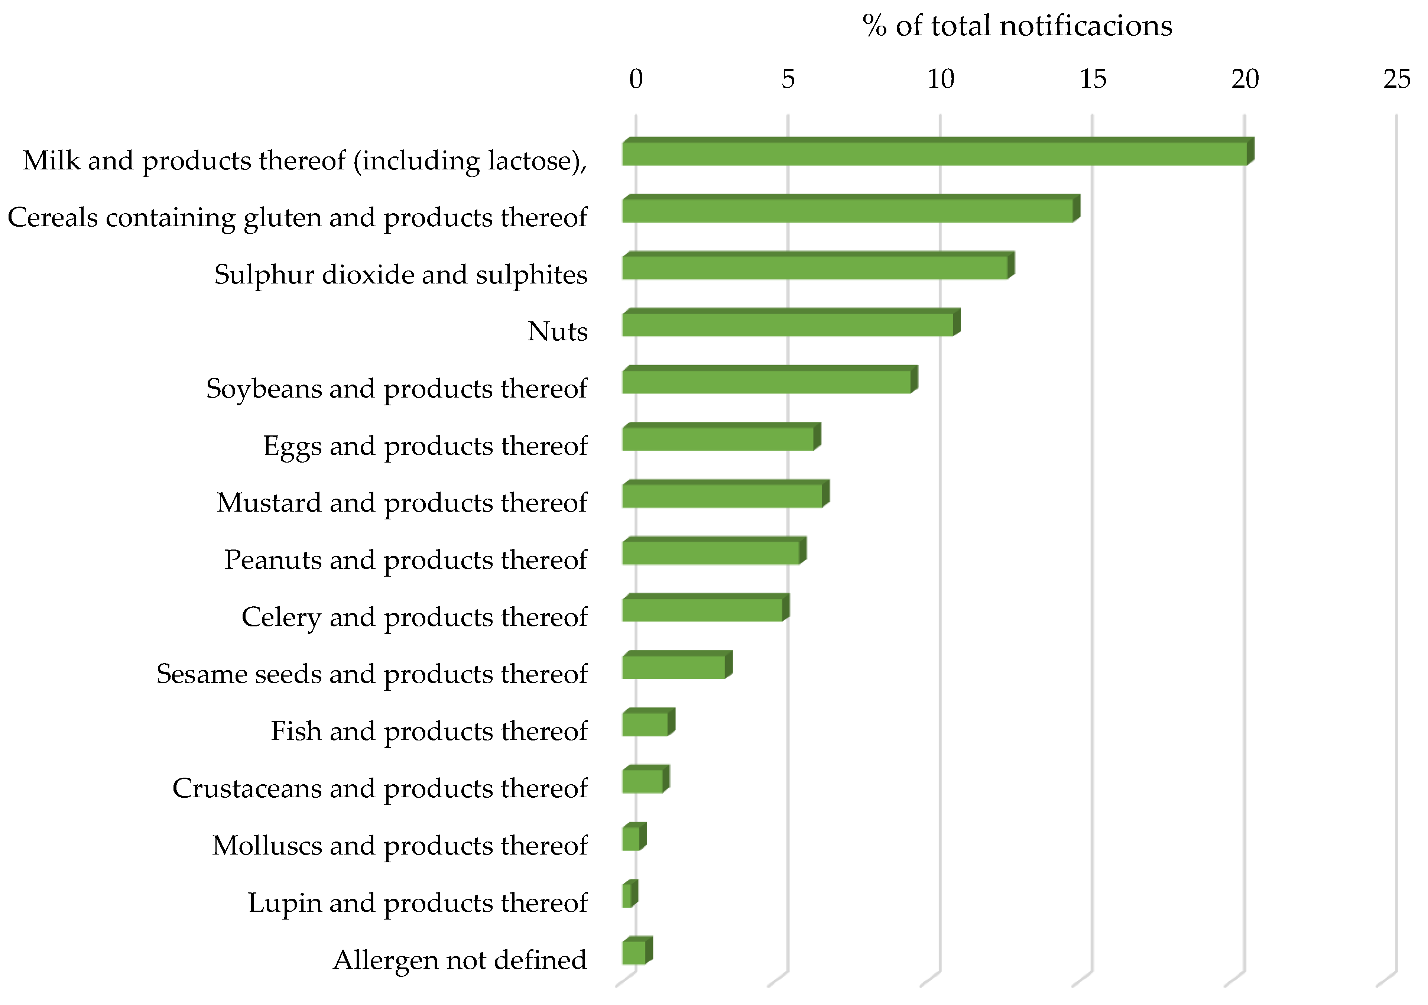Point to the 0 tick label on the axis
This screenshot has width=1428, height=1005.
636,80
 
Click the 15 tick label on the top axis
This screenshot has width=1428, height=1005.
1093,80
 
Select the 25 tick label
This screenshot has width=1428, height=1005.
1397,80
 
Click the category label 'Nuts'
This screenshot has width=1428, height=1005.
557,331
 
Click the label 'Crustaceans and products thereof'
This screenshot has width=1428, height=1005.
379,788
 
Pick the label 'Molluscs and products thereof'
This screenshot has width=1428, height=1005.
399,846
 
